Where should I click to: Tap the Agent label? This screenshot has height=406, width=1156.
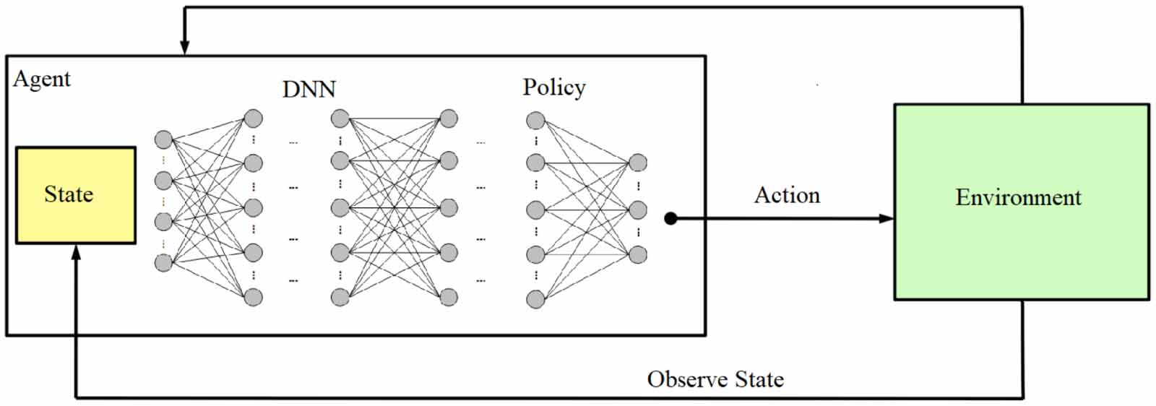42,79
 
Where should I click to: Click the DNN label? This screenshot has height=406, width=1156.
309,90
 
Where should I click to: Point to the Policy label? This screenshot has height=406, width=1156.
554,87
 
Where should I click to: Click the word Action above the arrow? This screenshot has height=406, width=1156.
787,195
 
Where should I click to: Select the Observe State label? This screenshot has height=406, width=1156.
715,379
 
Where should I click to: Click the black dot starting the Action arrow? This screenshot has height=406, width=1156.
670,218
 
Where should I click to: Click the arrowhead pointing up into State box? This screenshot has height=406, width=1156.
76,252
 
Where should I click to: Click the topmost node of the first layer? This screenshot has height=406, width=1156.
164,139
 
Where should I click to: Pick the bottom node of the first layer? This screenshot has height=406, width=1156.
164,262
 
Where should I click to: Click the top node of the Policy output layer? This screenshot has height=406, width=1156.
637,163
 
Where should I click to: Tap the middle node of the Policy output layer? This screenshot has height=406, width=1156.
637,210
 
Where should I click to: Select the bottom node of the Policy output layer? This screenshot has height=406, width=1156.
637,254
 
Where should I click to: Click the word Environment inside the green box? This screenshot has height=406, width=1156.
1018,197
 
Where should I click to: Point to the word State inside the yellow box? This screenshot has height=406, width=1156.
69,194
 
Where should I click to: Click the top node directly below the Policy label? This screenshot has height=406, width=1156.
535,120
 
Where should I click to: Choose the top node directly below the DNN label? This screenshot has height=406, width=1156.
340,118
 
